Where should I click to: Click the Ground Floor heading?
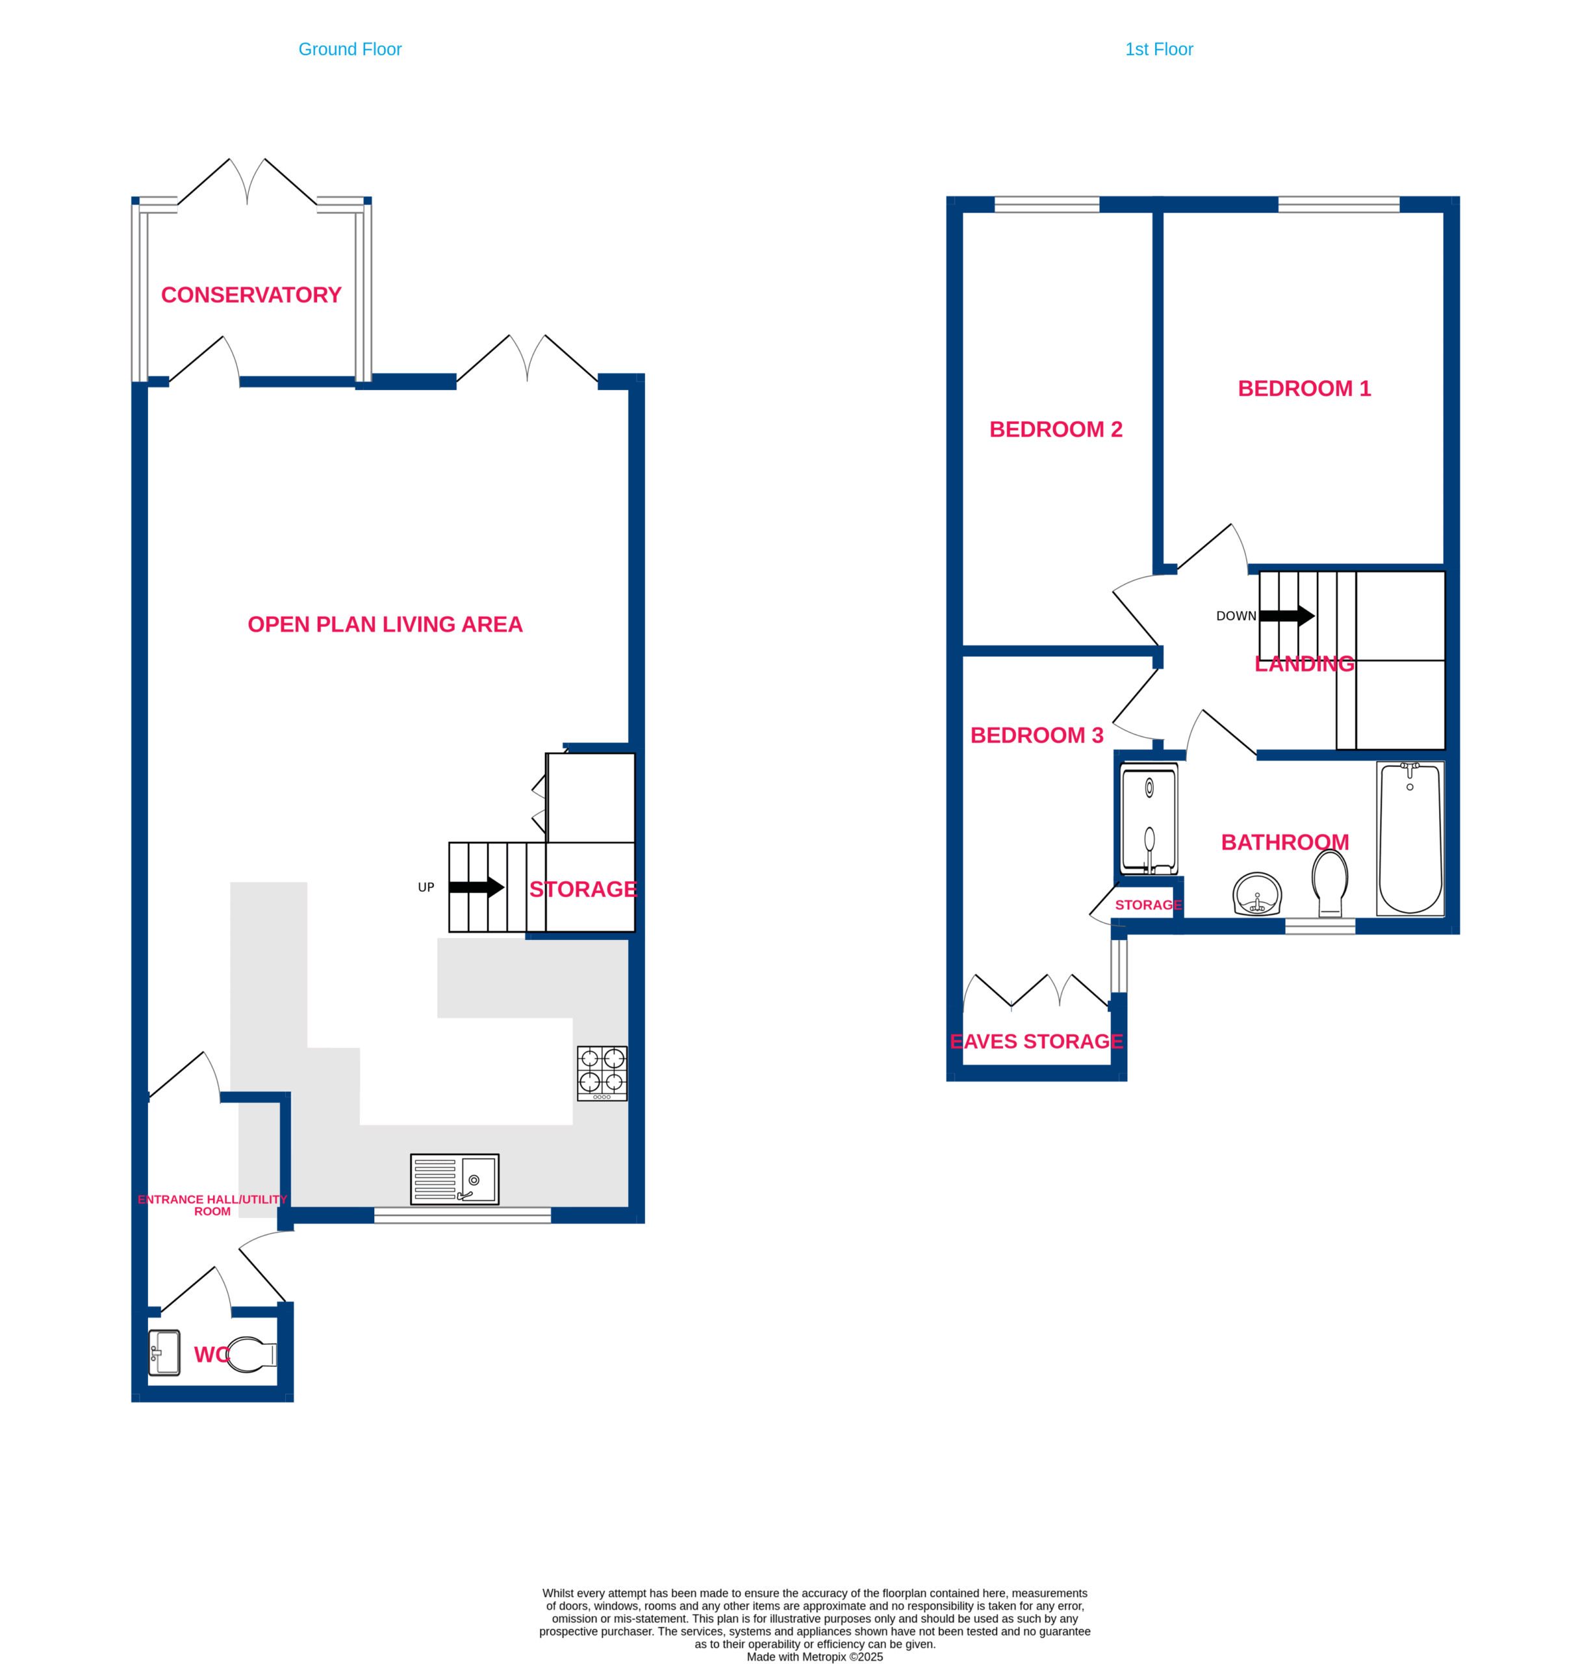click(350, 49)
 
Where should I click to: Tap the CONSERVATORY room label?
click(251, 294)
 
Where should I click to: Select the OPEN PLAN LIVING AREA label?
click(385, 624)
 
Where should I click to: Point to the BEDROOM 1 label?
click(1305, 388)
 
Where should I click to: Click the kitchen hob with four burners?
click(602, 1073)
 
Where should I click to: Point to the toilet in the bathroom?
click(1330, 883)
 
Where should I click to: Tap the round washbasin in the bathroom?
click(1257, 894)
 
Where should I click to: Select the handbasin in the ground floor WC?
click(164, 1353)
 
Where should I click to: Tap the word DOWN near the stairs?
click(1236, 616)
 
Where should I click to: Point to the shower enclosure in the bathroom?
click(1149, 820)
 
